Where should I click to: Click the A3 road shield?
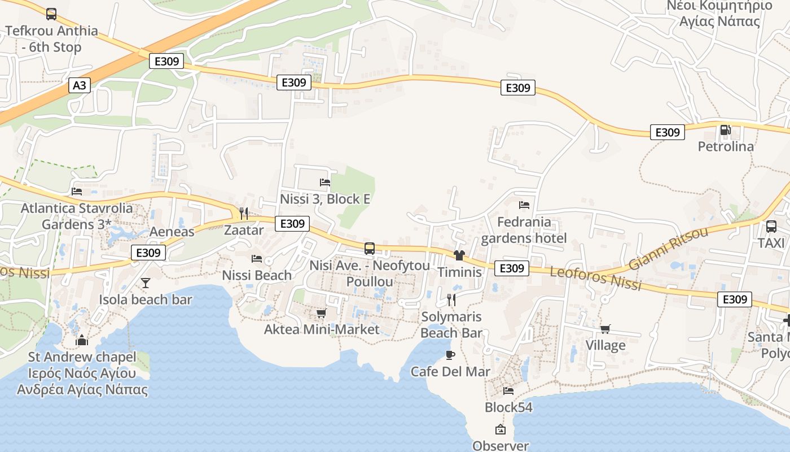80,85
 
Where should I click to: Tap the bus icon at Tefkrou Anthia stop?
51,14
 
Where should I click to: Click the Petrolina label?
726,146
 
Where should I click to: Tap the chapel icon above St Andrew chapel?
82,340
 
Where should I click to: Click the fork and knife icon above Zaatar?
244,213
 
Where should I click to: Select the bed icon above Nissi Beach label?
257,259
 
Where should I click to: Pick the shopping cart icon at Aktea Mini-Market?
321,312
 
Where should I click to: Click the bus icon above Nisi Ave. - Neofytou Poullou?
370,248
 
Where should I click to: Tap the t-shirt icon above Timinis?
459,255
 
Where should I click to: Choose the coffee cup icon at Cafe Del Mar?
450,355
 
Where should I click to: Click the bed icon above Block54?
508,390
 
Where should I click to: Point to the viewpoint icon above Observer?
500,429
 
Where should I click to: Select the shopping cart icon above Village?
605,329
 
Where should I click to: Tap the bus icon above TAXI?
771,227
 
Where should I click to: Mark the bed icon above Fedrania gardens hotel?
524,205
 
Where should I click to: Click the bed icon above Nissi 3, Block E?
325,182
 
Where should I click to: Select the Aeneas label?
172,231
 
